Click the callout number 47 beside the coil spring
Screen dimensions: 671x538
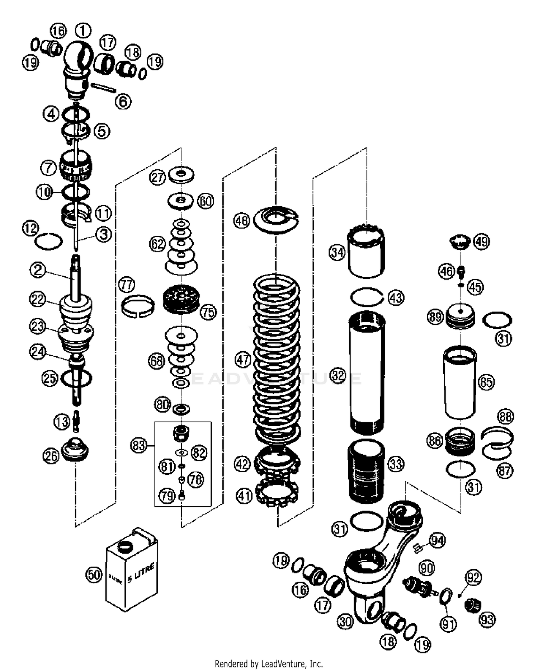[242, 360]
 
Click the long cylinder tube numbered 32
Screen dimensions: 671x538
[367, 373]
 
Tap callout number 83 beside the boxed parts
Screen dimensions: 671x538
[139, 446]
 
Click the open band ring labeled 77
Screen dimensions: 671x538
[138, 306]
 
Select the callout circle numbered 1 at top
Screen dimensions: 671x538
[83, 31]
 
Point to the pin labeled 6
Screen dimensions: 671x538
[104, 88]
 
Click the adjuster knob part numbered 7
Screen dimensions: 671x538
[76, 165]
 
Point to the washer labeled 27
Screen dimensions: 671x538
[181, 174]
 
